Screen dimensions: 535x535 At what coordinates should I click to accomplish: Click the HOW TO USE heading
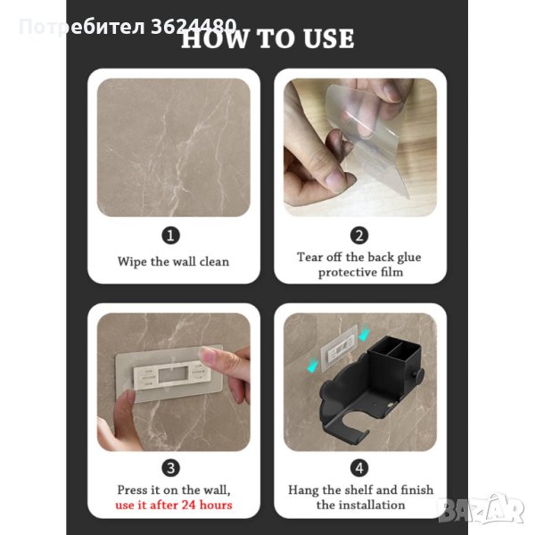(x=267, y=38)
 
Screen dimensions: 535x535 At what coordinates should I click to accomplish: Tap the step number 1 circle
(x=170, y=235)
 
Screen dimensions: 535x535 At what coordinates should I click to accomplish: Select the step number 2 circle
(x=359, y=235)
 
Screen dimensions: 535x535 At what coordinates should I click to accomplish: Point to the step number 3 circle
(x=170, y=468)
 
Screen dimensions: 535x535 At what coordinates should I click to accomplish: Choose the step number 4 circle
(x=359, y=468)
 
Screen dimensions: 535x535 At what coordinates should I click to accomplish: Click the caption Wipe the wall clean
(x=173, y=261)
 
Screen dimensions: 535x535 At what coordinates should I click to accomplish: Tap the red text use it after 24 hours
(x=174, y=505)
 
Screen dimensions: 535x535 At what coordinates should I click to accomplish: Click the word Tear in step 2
(x=309, y=257)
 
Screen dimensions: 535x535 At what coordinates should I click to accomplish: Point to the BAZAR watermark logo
(x=481, y=509)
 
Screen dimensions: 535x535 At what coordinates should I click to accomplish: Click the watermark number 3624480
(x=193, y=26)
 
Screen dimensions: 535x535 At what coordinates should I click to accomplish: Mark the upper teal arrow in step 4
(x=365, y=333)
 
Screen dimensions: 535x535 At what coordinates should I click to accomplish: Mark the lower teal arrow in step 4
(x=312, y=366)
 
